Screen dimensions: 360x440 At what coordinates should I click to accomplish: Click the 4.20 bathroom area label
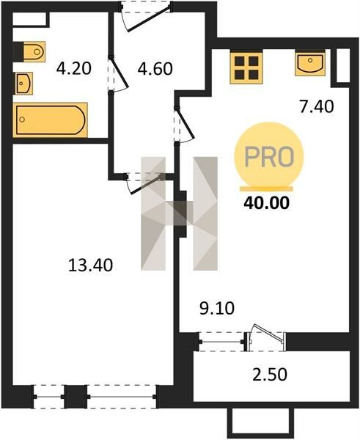pyautogui.click(x=74, y=68)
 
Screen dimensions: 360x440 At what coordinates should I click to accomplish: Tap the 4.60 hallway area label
pyautogui.click(x=155, y=68)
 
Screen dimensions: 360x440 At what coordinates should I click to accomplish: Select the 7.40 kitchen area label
pyautogui.click(x=317, y=106)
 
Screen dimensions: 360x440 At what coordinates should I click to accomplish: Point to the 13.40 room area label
pyautogui.click(x=90, y=265)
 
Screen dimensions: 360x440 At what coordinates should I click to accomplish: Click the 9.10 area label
pyautogui.click(x=217, y=308)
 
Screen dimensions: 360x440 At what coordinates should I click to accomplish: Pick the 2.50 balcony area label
pyautogui.click(x=270, y=375)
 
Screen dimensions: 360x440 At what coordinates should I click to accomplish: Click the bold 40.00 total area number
pyautogui.click(x=266, y=203)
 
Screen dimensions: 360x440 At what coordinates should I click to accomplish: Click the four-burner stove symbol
pyautogui.click(x=246, y=67)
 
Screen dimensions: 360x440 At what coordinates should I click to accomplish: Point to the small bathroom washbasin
pyautogui.click(x=24, y=84)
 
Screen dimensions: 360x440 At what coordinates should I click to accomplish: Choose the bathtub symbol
pyautogui.click(x=51, y=120)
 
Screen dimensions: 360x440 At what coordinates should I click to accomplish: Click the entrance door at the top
pyautogui.click(x=144, y=16)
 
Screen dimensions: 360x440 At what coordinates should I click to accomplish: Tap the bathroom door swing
pyautogui.click(x=118, y=74)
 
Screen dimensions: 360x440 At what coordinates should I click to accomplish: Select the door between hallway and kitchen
pyautogui.click(x=184, y=125)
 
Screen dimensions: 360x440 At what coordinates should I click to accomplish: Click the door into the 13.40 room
pyautogui.click(x=144, y=183)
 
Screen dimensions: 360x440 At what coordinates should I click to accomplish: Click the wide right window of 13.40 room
pyautogui.click(x=122, y=397)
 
